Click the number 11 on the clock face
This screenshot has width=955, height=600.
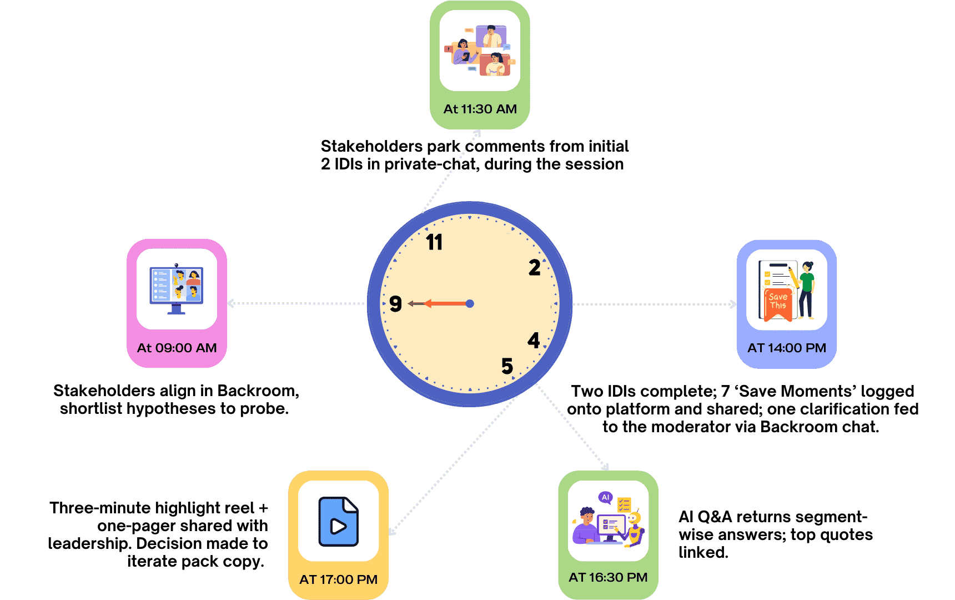coord(434,242)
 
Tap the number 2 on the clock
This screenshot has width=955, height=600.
coord(534,268)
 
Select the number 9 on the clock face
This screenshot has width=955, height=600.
coord(395,303)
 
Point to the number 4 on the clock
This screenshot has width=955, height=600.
coord(534,340)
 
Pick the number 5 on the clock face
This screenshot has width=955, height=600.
coord(507,366)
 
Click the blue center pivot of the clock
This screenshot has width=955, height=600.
coord(470,303)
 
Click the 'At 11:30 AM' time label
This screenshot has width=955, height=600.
coord(480,109)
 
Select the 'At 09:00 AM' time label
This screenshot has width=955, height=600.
coord(177,348)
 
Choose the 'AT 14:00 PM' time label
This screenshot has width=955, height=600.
coord(786,348)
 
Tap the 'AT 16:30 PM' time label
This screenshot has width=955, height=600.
coord(608,577)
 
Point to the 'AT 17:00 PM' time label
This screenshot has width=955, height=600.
coord(338,579)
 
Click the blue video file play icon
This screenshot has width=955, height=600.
coord(338,522)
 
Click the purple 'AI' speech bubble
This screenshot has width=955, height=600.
coord(605,497)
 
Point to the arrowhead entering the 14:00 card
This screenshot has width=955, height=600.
coord(733,304)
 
